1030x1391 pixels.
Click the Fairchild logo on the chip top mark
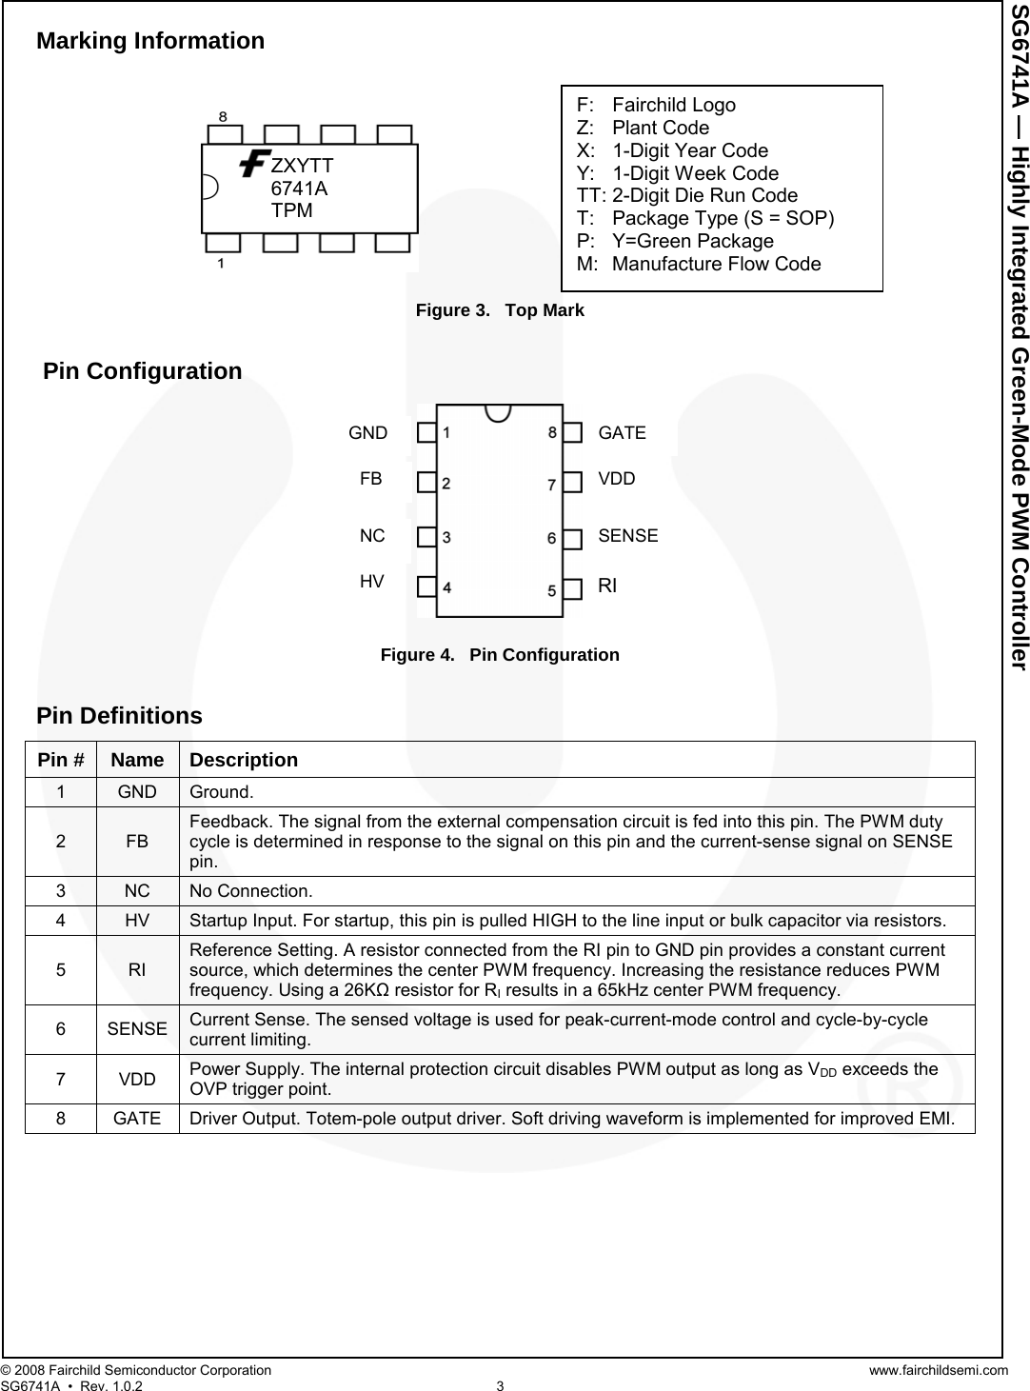pos(253,164)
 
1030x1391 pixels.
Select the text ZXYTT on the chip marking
pos(302,165)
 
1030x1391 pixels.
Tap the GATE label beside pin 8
pos(622,433)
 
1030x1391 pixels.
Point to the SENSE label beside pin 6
pos(627,536)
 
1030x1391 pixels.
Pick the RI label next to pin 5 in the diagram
pos(607,586)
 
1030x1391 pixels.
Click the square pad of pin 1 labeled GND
pos(426,433)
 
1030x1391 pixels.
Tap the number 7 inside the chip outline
pos(551,485)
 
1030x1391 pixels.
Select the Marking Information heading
pos(150,41)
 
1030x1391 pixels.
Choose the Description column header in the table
pos(243,760)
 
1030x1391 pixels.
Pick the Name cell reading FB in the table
pos(137,842)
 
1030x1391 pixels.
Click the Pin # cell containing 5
pos(61,970)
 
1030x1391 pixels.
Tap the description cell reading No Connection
pos(250,891)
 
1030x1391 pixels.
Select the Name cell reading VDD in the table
pos(137,1079)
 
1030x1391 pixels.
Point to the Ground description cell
pos(222,792)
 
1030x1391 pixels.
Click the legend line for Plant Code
pos(643,128)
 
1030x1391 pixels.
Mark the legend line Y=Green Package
pos(675,242)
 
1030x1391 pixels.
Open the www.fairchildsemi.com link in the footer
pos(938,1370)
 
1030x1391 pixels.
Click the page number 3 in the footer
pos(500,1385)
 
